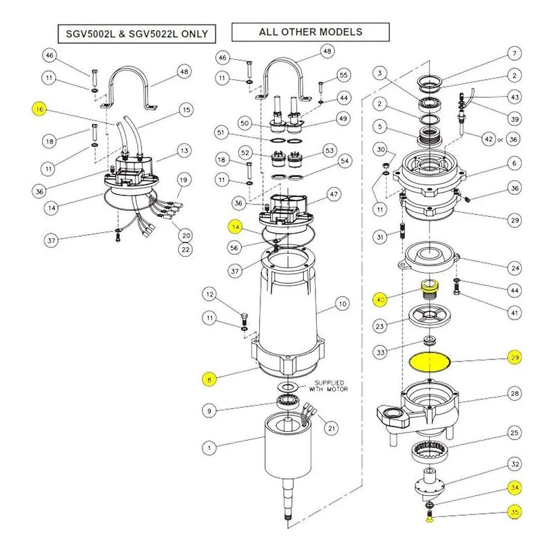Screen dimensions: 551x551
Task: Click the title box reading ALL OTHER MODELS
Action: [x=311, y=32]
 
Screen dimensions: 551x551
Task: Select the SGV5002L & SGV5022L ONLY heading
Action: [x=136, y=34]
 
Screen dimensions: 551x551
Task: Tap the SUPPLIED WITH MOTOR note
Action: [x=329, y=386]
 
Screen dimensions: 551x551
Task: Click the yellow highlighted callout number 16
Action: [x=39, y=110]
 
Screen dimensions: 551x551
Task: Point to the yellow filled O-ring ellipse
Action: [x=430, y=362]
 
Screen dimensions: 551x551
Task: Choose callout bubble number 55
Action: [x=343, y=75]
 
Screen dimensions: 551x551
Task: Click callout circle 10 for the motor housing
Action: [x=342, y=304]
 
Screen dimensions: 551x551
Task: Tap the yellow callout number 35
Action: [x=514, y=512]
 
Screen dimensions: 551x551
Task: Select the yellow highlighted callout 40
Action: [x=380, y=300]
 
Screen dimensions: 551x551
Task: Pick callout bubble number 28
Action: [x=514, y=393]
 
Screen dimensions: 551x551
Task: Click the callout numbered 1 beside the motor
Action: [x=209, y=448]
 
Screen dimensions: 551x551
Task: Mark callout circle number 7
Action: [x=514, y=54]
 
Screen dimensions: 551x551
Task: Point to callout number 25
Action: [x=514, y=433]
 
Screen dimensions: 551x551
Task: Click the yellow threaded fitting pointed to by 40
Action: [x=429, y=289]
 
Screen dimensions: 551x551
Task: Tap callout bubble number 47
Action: [x=333, y=194]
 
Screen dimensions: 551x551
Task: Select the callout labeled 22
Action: [x=185, y=249]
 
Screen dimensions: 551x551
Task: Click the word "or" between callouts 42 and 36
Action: [x=500, y=140]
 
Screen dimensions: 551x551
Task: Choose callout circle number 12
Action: [x=210, y=295]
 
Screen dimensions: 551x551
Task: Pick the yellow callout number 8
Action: [x=209, y=380]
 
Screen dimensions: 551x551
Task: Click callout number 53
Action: [x=329, y=151]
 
